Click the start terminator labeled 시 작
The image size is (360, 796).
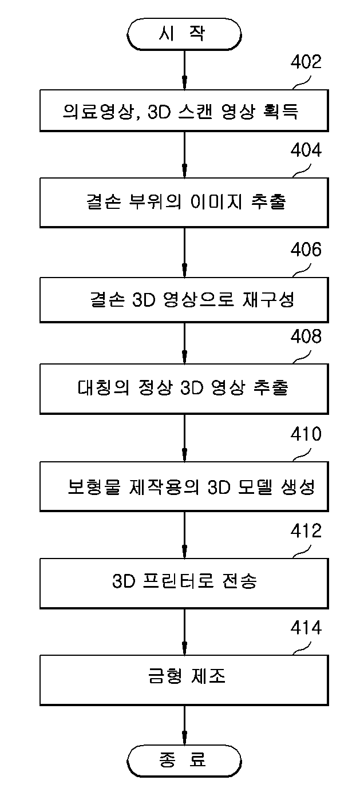click(184, 34)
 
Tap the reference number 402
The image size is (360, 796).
click(306, 62)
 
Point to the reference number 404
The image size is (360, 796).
click(306, 150)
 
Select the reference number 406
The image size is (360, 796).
click(306, 250)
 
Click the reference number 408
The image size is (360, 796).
click(306, 336)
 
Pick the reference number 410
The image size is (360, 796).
click(306, 434)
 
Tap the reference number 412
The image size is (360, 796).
click(306, 531)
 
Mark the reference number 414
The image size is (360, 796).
click(306, 628)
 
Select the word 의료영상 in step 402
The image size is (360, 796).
click(97, 112)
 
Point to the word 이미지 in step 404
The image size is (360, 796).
click(216, 202)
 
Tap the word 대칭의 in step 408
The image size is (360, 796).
click(104, 387)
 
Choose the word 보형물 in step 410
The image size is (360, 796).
click(94, 486)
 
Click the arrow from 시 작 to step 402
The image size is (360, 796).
click(184, 70)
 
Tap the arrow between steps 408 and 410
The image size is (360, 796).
click(184, 438)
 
